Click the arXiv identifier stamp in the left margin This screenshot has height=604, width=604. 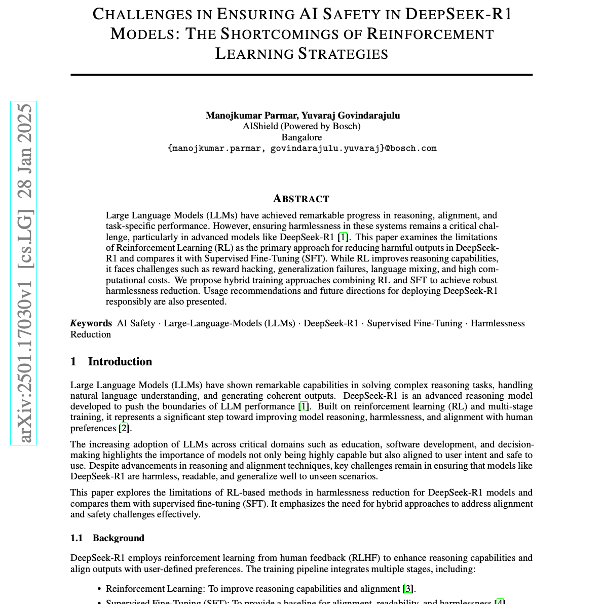(x=24, y=273)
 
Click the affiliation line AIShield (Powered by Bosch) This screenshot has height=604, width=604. (x=301, y=126)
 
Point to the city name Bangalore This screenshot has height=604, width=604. (x=301, y=137)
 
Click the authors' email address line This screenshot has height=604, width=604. (x=301, y=148)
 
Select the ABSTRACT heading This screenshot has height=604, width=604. (x=301, y=199)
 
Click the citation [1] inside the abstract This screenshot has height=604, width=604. (x=343, y=237)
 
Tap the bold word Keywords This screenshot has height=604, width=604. (x=91, y=323)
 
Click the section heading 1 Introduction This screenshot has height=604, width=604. (x=111, y=361)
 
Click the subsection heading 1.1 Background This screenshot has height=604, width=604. (x=107, y=538)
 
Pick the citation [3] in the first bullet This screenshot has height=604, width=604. (x=408, y=589)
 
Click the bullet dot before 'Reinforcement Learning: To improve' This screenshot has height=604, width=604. (x=99, y=589)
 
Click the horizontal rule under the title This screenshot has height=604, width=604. (x=301, y=75)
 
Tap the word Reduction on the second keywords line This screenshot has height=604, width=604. (x=91, y=334)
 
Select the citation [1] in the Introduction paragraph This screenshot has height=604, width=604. (x=304, y=406)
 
